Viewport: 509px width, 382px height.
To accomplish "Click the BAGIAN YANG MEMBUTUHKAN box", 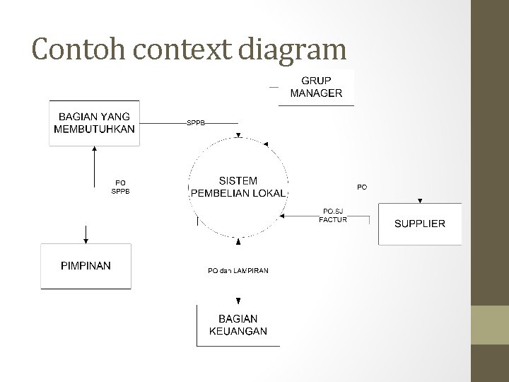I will click(94, 123).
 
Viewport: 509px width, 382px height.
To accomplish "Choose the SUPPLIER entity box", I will click(419, 224).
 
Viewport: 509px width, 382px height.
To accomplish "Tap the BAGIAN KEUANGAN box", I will click(238, 325).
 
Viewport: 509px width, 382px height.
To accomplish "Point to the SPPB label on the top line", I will click(196, 122).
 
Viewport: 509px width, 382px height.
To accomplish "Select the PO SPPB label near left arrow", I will click(120, 187).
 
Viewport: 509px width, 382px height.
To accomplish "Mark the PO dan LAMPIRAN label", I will click(238, 270).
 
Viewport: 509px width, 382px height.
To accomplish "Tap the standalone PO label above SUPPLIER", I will click(361, 187).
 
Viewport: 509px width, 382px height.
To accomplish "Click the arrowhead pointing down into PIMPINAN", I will click(86, 239).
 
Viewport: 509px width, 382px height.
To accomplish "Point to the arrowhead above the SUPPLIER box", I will click(420, 200).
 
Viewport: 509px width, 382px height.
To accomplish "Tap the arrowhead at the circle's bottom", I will click(238, 242).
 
